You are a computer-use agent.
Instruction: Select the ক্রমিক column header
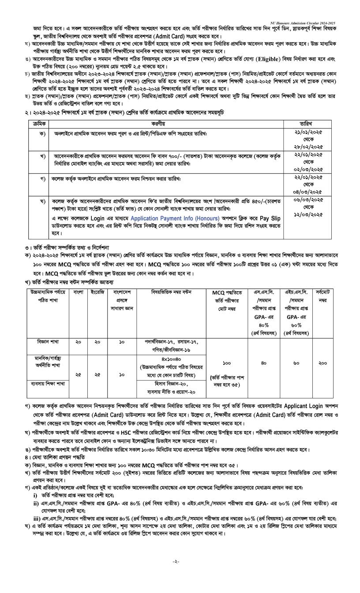[x=39, y=124]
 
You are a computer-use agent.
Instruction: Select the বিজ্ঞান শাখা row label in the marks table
[x=49, y=342]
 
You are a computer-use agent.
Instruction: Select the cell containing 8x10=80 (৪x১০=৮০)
[x=172, y=359]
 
